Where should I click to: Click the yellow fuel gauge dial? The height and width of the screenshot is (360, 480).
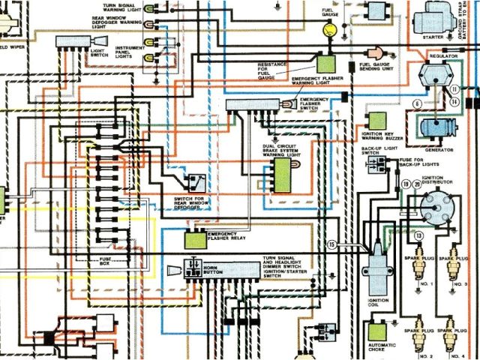coord(328,31)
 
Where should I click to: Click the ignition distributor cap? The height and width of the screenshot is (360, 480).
coord(435,206)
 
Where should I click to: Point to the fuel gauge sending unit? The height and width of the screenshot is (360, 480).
coord(375,52)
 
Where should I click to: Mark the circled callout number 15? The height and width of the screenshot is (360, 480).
coord(330,244)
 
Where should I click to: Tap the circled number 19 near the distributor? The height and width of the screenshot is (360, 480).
coord(406,184)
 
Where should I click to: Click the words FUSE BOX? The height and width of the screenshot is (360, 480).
coord(107,261)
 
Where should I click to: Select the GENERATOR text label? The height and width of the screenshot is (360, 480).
coord(438,149)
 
